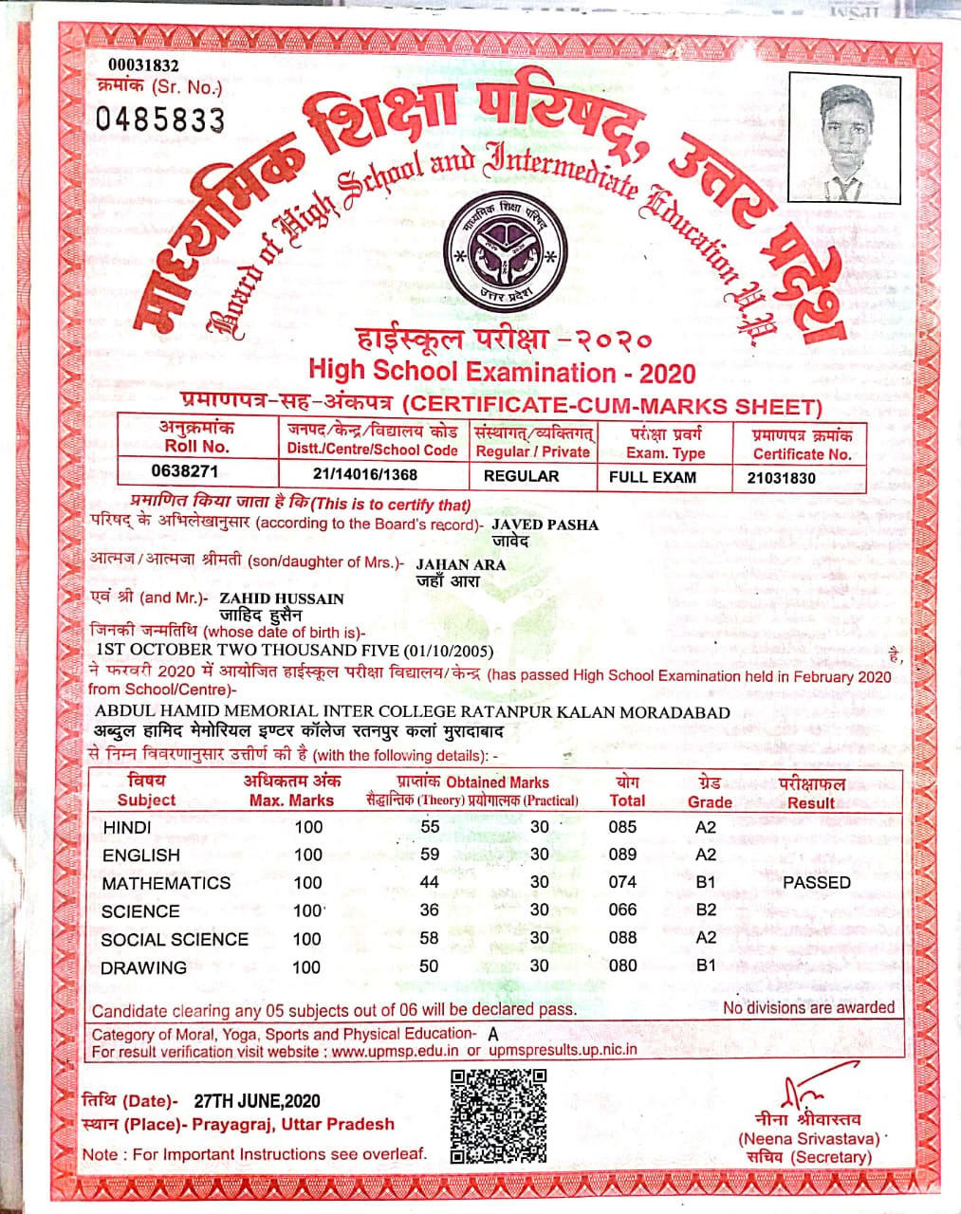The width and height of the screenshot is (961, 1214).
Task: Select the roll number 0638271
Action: (x=185, y=471)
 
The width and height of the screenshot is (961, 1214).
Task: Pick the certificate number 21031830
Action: (x=781, y=478)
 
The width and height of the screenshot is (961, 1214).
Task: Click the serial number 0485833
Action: (x=160, y=120)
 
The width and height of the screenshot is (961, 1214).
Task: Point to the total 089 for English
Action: (x=622, y=855)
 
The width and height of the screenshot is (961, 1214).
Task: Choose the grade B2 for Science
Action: (x=706, y=910)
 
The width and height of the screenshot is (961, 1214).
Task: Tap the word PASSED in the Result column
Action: (x=817, y=883)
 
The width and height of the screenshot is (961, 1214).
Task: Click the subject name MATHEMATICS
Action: (x=166, y=883)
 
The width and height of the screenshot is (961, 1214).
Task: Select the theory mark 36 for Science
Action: (x=430, y=910)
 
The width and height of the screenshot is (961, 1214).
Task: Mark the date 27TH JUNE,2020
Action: (x=257, y=1101)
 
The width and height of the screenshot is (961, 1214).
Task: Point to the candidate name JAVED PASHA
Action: (x=545, y=524)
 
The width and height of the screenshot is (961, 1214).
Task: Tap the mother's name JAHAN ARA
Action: (x=461, y=564)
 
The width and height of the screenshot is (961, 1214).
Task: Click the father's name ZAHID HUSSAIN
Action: (x=282, y=598)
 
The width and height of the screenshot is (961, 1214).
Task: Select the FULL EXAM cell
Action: (x=653, y=477)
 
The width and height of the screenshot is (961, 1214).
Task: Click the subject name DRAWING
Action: (x=143, y=967)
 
